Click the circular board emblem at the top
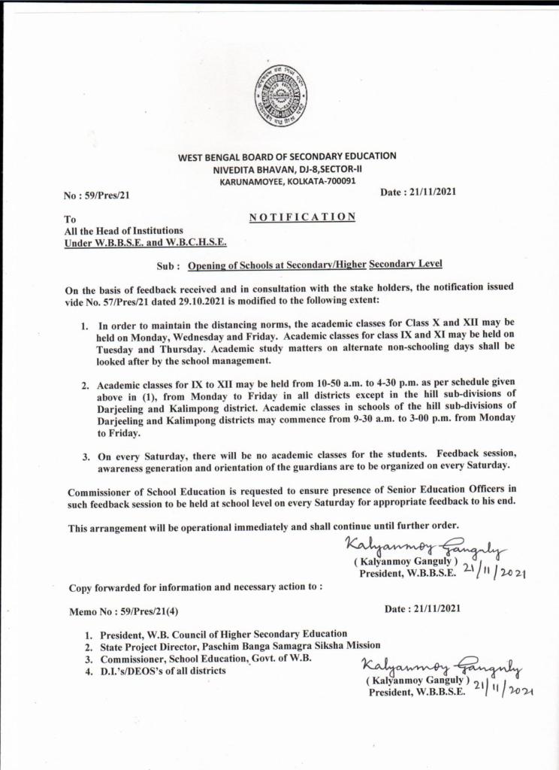click(279, 95)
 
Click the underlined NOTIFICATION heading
click(301, 217)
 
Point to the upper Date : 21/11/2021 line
click(418, 192)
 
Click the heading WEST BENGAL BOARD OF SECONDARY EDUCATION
click(286, 156)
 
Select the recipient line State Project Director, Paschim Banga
click(240, 646)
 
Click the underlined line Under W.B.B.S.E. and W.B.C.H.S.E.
click(147, 242)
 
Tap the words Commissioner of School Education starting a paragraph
click(145, 490)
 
